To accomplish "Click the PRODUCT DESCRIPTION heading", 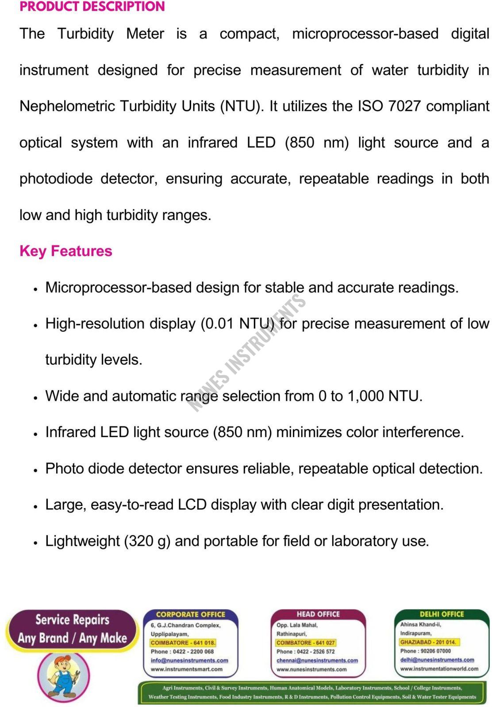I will point(92,7).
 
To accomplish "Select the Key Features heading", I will point(66,251).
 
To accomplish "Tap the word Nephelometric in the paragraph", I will point(68,106).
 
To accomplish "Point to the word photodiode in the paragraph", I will point(56,179).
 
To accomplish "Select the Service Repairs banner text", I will point(72,620).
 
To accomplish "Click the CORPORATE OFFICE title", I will point(191,614).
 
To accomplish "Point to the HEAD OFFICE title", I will point(318,614).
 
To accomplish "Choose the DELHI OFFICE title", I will point(442,614).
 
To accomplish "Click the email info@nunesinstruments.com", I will point(189,661).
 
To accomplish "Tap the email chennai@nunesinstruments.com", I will point(317,661).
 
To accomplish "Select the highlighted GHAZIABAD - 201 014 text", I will point(428,642).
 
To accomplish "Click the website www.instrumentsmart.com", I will point(187,669).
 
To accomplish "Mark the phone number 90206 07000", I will point(435,651).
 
